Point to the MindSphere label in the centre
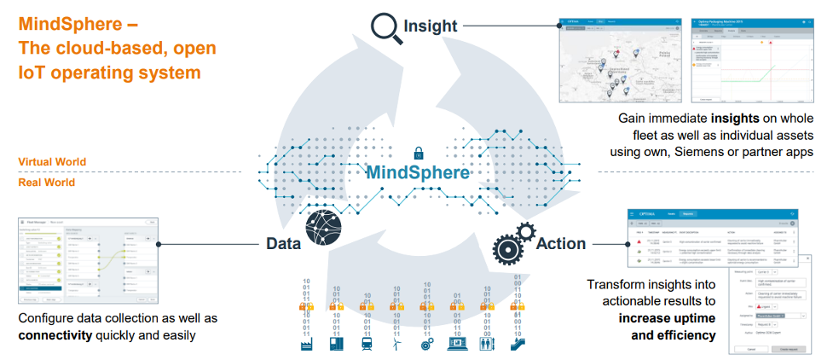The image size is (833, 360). [418, 173]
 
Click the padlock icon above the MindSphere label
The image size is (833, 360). [418, 154]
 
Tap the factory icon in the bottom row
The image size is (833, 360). [307, 345]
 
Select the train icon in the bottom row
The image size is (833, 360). [367, 345]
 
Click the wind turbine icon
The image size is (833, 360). [396, 345]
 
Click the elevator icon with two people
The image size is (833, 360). [486, 345]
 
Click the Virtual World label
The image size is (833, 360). [52, 162]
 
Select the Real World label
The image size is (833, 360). [46, 183]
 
